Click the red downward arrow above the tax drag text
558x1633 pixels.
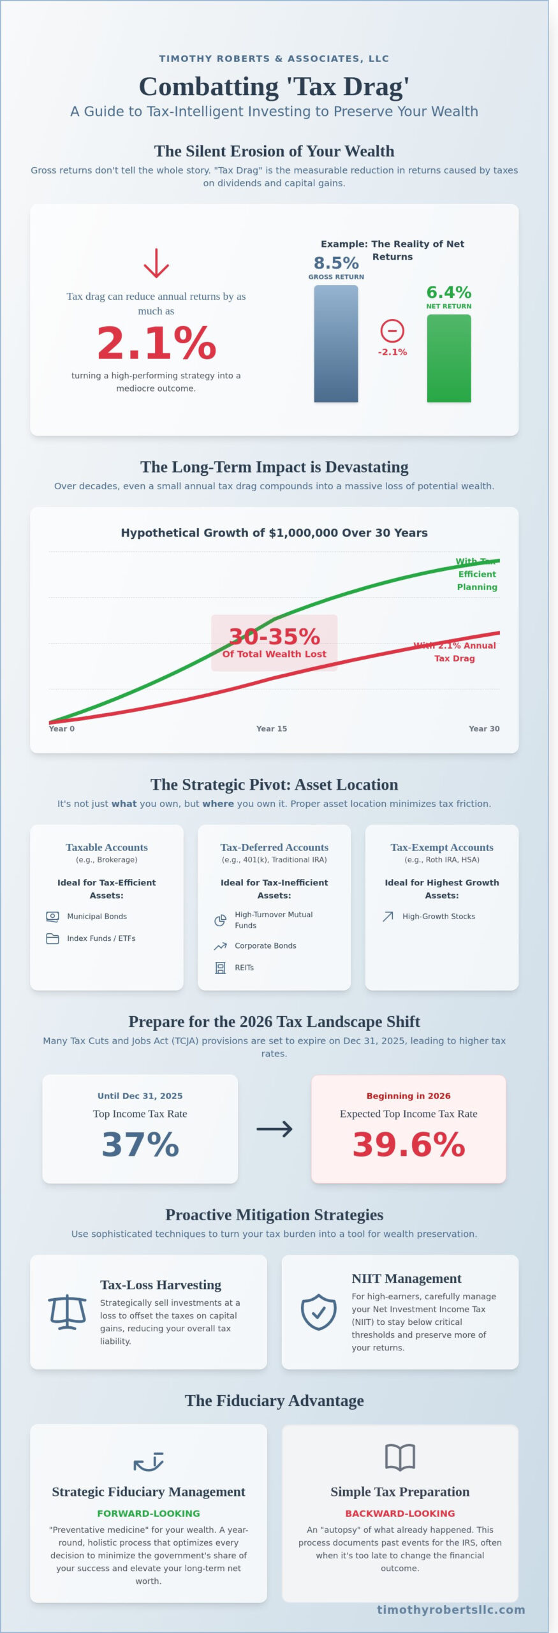coord(156,263)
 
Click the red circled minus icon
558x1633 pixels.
coord(392,330)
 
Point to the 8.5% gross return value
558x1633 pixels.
coord(336,263)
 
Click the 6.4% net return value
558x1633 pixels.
coord(449,292)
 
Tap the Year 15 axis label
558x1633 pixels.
coord(272,728)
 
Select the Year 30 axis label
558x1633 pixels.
coord(484,728)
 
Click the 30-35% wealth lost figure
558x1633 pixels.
coord(274,637)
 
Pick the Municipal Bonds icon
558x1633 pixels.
coord(52,917)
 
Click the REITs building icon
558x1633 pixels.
coord(220,968)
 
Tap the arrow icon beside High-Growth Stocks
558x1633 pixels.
coord(388,917)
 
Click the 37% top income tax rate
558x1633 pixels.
coord(140,1144)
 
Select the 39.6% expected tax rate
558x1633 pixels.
coord(409,1144)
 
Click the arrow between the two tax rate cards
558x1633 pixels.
coord(274,1129)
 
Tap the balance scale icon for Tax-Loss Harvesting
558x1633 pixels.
coord(68,1312)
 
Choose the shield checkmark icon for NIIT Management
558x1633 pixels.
coord(318,1312)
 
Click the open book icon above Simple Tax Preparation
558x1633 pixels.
coord(400,1458)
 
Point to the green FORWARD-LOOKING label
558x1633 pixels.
coord(149,1513)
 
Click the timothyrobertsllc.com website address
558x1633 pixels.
coord(451,1609)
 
